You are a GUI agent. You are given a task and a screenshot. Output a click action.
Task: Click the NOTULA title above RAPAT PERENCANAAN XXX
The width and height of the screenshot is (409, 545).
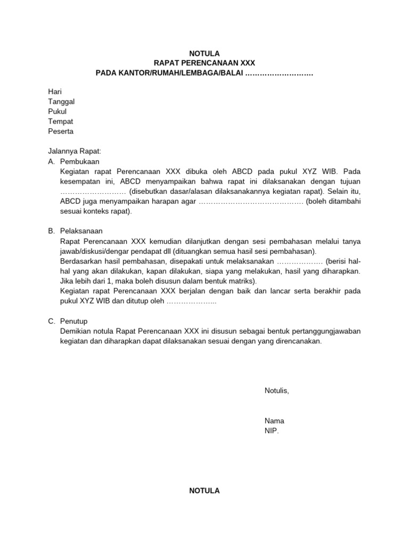pos(204,53)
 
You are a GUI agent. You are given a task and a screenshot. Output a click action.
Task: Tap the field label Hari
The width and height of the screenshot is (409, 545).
pos(55,92)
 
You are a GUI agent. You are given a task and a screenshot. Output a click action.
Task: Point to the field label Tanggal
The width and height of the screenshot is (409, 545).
pos(61,102)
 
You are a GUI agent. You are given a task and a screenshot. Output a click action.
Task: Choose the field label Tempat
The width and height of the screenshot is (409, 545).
pos(60,121)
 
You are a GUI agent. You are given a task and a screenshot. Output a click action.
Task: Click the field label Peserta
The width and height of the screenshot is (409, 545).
pos(61,131)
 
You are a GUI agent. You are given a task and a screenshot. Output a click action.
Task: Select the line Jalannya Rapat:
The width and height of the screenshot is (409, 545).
pos(74,151)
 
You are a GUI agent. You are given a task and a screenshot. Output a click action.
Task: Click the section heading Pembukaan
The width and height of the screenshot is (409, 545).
pos(80,161)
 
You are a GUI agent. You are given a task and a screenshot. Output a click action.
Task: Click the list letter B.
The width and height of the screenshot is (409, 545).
pos(51,231)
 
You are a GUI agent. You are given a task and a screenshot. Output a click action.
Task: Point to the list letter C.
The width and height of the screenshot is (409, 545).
pos(51,321)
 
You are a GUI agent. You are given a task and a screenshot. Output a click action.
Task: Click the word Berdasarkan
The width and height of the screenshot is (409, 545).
pos(81,261)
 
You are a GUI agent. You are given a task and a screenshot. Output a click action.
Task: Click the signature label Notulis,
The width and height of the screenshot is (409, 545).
pos(276,391)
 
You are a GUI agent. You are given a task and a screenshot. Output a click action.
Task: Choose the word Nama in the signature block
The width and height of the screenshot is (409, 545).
pos(274,420)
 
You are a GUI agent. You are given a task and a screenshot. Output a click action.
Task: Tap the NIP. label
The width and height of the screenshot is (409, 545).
pos(272,431)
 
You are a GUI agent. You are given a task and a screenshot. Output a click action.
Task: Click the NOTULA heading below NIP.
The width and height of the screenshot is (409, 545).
pos(204,491)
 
